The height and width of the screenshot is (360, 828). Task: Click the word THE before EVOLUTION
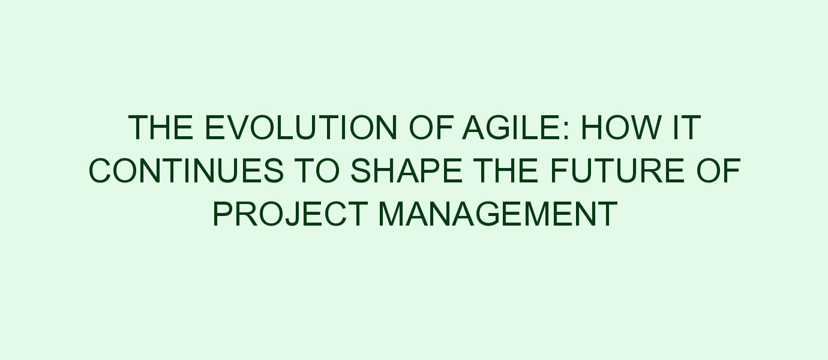coord(161,128)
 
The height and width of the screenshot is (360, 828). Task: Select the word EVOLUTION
coord(301,128)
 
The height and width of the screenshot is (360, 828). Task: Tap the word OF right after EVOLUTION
coord(431,128)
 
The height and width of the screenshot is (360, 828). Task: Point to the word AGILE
coord(512,128)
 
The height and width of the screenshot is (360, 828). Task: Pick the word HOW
coord(621,128)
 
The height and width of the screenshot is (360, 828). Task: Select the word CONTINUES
coord(186,170)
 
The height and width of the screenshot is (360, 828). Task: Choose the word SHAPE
coord(406,170)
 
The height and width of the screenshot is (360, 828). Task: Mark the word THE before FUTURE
coord(506,170)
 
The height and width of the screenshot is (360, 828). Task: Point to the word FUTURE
coord(617,170)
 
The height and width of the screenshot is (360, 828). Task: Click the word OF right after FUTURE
coord(719,170)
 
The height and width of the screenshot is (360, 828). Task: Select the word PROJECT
coord(290,214)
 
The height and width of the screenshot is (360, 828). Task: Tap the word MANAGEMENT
coord(498,214)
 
